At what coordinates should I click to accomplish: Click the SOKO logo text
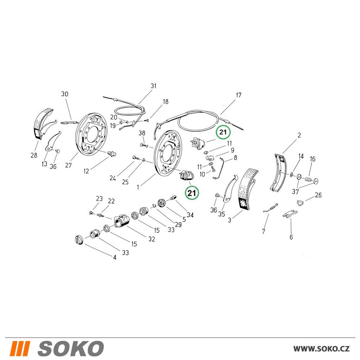71,348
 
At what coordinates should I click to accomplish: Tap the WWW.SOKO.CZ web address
321,349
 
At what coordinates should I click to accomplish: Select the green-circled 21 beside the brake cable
223,132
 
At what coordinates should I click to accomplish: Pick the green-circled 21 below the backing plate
192,193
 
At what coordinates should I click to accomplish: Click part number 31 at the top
153,86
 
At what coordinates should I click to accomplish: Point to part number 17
239,95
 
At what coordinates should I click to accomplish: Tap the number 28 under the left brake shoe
34,155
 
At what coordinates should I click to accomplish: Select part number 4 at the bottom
114,257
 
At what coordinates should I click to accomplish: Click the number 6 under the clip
291,237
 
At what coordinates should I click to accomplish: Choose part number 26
318,195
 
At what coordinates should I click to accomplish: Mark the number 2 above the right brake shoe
299,135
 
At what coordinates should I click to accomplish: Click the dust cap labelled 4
78,239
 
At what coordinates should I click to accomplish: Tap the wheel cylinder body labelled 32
122,221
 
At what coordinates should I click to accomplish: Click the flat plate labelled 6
290,214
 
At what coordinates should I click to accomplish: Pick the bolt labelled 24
135,158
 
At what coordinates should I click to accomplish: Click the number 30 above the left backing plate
65,94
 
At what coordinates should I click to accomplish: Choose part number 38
142,133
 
